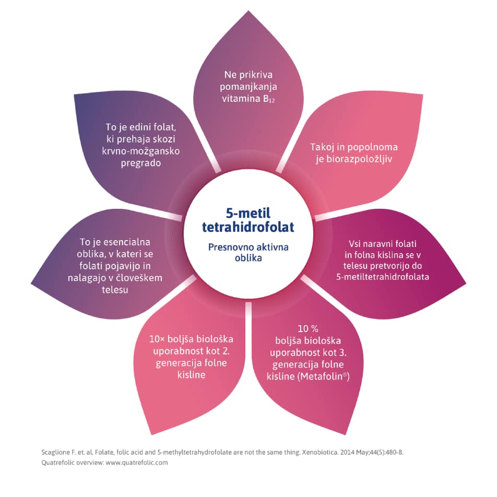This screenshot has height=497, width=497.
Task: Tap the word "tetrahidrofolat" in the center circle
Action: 249,227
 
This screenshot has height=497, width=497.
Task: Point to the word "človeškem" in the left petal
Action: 141,278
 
